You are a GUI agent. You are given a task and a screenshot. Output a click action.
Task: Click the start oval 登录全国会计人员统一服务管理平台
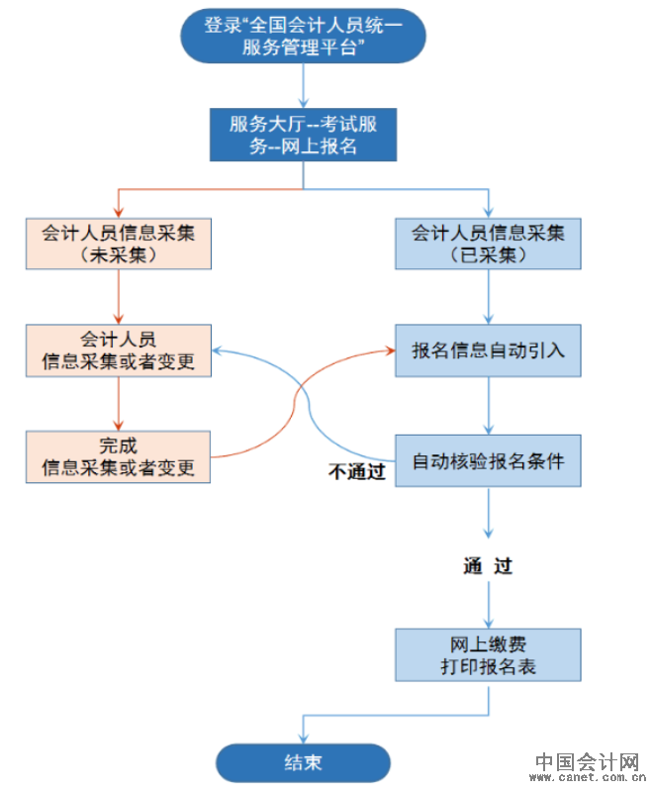(302, 36)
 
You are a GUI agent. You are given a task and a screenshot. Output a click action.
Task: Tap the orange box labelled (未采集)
(118, 244)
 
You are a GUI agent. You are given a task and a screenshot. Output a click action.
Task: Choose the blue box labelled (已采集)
(489, 244)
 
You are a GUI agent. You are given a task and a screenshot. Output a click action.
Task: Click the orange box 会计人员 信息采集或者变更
(118, 350)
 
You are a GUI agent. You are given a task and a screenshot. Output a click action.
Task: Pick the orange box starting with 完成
(118, 456)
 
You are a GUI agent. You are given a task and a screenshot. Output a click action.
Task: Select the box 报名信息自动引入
(489, 350)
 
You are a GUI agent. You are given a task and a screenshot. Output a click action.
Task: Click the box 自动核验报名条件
(489, 460)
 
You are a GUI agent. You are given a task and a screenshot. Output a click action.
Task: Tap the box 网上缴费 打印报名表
(489, 654)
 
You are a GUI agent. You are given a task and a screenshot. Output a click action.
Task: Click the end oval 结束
(303, 762)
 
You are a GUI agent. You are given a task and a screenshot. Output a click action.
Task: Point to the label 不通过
(356, 472)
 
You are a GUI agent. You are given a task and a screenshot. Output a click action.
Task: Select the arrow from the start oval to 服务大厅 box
(302, 86)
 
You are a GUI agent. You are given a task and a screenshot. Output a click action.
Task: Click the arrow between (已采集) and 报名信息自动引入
(489, 296)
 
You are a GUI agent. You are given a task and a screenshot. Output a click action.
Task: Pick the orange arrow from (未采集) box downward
(118, 296)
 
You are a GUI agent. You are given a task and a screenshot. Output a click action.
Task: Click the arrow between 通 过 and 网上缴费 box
(489, 604)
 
